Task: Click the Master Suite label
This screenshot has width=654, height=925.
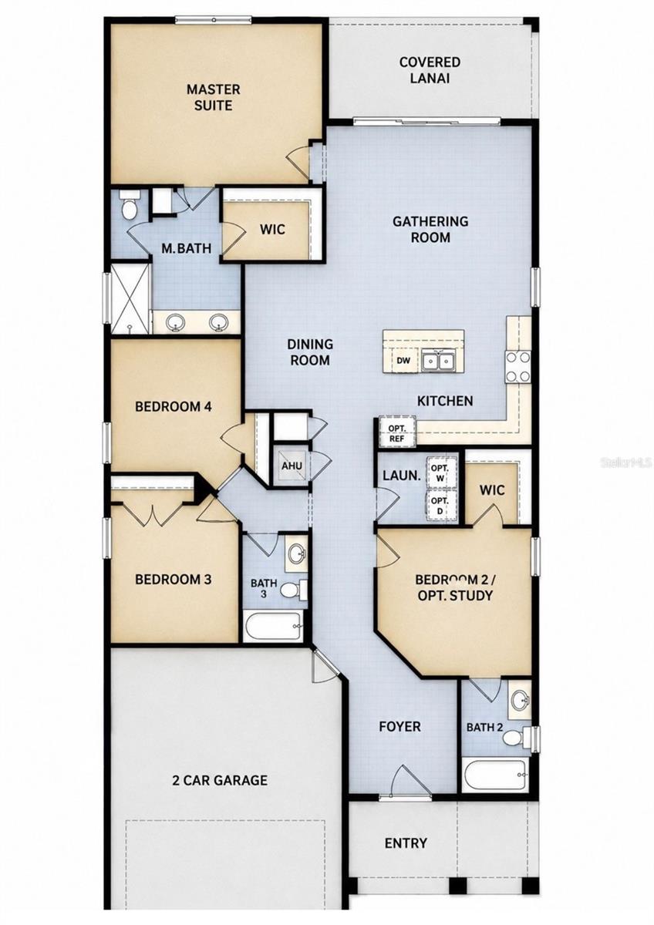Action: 213,97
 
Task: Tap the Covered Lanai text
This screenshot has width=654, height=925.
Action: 430,70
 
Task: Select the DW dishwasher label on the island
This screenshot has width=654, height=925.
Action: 403,361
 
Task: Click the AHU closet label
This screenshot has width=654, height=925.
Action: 292,466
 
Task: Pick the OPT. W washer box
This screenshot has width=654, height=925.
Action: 440,473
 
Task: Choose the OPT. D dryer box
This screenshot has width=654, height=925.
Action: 440,506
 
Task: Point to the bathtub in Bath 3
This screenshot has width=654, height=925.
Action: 273,627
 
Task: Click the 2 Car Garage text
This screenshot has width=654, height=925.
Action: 220,780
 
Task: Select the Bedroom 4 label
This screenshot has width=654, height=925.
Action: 174,407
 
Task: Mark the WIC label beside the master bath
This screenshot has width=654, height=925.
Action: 273,229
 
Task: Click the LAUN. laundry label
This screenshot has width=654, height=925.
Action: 402,476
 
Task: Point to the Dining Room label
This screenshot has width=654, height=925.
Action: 310,351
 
